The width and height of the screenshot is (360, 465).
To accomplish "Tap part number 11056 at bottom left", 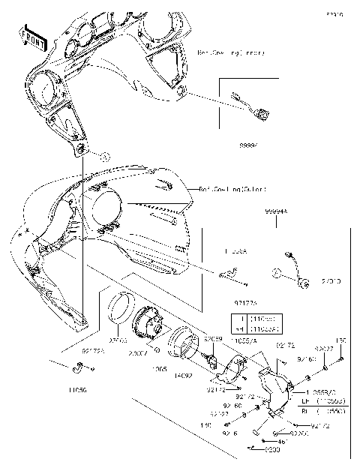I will (77, 390).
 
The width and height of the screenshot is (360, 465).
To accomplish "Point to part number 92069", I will (214, 339).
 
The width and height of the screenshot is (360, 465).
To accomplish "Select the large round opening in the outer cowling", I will (106, 209).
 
